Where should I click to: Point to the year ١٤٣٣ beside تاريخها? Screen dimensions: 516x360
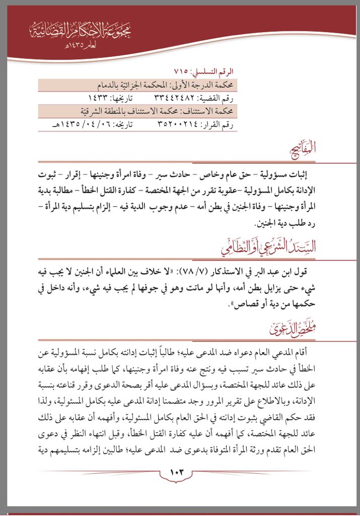98,97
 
